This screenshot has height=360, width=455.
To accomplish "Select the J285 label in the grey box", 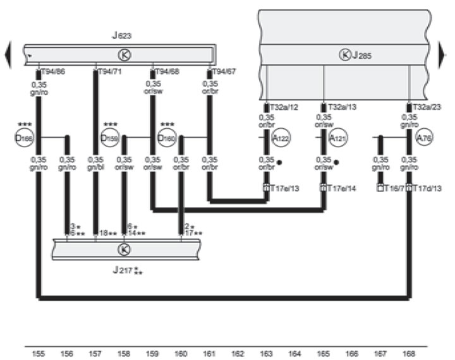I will coord(360,56).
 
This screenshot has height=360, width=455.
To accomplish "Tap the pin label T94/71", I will coord(109,71).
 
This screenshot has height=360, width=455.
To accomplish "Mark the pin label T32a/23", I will coord(427,107).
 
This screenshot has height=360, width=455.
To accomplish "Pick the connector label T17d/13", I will coord(427,188).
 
